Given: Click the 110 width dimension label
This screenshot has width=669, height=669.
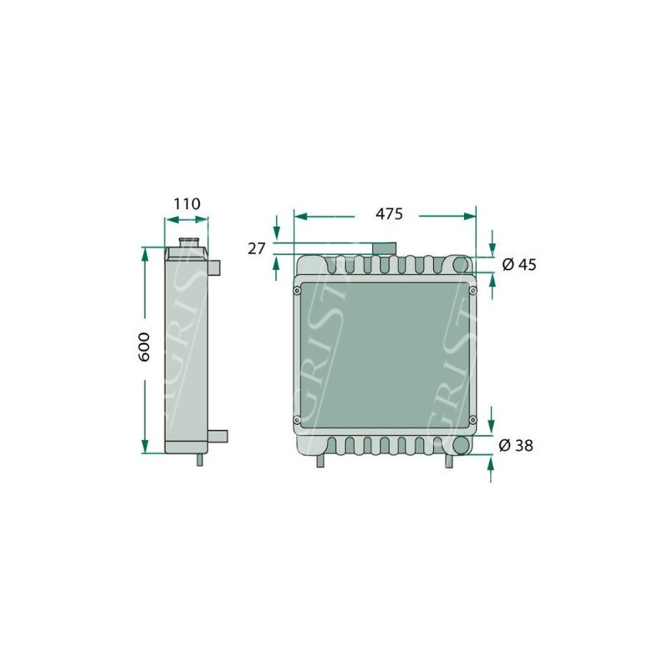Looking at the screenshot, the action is point(186,204).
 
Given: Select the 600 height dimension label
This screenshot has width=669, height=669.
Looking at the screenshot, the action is point(145,347).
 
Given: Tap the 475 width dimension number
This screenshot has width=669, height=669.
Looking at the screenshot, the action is point(389,214).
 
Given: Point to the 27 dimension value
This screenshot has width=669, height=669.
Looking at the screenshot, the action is point(257,248).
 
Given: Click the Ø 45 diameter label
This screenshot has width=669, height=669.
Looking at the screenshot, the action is point(519,264).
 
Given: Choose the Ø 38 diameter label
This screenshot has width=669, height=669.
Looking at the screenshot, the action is point(516,446).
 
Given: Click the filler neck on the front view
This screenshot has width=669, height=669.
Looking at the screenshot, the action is point(384,248).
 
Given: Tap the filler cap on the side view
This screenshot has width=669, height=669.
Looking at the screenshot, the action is point(188,243).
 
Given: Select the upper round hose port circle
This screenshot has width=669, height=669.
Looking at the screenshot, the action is point(461,265).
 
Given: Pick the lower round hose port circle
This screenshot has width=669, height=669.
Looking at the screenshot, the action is point(461,446).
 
